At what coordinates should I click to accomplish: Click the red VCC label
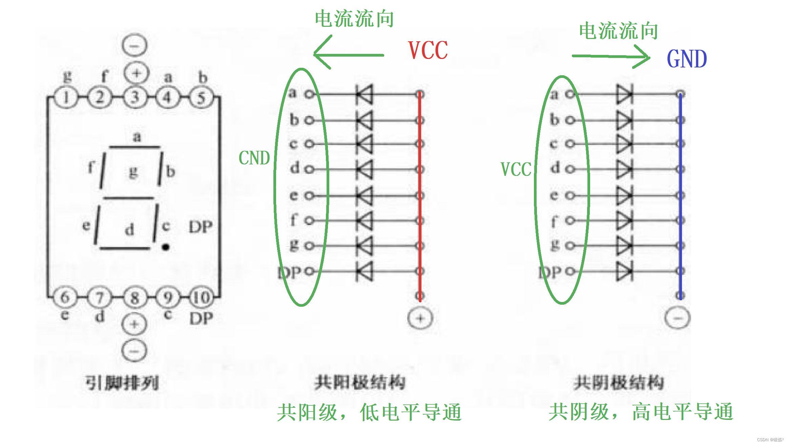click(428, 50)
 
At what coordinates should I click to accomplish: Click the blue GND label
click(687, 59)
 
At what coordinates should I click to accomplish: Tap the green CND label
click(254, 158)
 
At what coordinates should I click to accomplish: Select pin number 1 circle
click(66, 98)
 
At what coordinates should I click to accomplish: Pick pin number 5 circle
click(201, 98)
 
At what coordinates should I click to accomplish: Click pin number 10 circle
click(202, 298)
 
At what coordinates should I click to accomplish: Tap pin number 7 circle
click(99, 298)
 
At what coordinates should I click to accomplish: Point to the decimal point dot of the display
click(166, 247)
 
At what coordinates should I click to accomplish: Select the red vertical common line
click(420, 197)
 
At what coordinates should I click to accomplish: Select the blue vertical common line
click(681, 197)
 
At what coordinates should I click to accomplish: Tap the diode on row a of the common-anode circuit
click(365, 94)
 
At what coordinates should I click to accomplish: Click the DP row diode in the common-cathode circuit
click(624, 271)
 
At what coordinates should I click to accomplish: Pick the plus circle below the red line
click(420, 318)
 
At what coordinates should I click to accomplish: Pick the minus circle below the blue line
click(677, 318)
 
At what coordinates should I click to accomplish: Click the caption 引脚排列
click(122, 383)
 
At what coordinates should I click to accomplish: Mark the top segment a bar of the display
click(134, 147)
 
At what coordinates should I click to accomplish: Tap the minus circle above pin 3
click(134, 45)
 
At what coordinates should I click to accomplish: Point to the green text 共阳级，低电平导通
click(369, 412)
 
